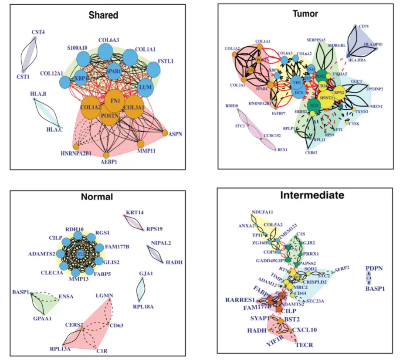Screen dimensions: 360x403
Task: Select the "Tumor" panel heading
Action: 305,14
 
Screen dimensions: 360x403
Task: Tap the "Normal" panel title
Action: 97,197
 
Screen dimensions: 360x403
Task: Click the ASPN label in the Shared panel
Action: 176,134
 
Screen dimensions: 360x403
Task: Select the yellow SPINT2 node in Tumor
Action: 325,98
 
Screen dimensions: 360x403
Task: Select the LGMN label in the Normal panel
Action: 105,296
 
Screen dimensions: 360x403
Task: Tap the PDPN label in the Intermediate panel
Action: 374,268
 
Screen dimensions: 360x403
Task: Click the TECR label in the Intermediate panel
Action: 304,345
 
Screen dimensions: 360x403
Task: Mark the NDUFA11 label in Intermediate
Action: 262,212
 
